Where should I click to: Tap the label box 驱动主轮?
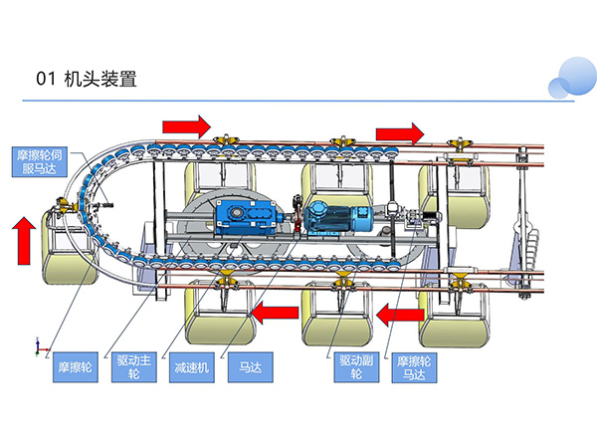coord(135,366)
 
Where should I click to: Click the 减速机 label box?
coord(190,366)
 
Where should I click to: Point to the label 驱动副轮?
coord(354,366)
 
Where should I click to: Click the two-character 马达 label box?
coord(245,366)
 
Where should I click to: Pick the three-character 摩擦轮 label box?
coord(77,366)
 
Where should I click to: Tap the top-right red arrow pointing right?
coord(399,131)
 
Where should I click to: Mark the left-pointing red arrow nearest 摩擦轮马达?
coord(400,315)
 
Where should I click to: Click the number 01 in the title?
coord(44,81)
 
